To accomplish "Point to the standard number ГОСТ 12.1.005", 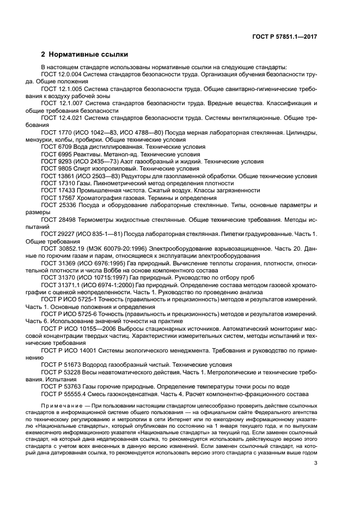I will pos(62,89).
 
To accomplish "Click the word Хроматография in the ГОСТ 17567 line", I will pos(97,198).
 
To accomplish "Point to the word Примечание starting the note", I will pos(65,406).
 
